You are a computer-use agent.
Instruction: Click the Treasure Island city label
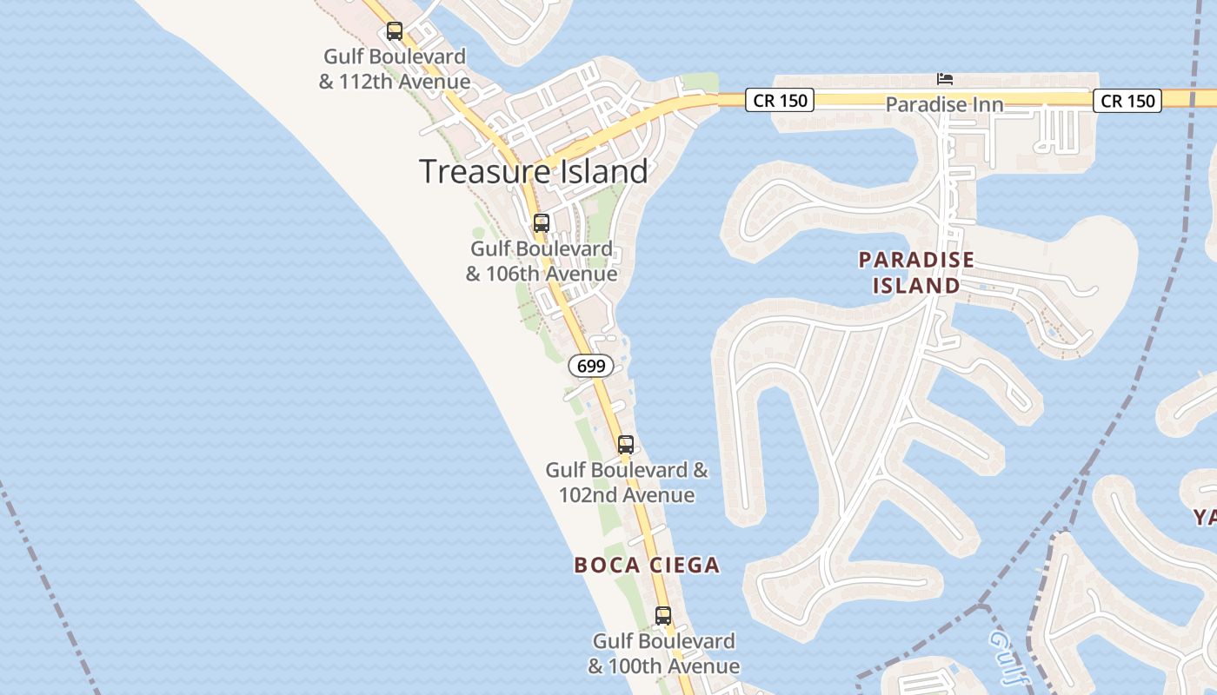pos(534,171)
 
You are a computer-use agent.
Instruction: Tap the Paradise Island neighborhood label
pos(916,273)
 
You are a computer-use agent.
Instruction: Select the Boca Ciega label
pos(647,566)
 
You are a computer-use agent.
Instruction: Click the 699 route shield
pos(591,366)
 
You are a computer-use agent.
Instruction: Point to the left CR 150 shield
pos(780,101)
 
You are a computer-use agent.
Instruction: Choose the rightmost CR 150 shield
pos(1127,101)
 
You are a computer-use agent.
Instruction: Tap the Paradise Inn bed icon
pos(945,79)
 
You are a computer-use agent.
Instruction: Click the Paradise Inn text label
pos(944,104)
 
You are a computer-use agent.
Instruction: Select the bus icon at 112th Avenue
pos(395,31)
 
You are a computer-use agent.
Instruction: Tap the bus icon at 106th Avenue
pos(542,223)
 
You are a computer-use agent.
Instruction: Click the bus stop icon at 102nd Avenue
pos(626,445)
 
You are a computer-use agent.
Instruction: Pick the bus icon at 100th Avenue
pos(663,616)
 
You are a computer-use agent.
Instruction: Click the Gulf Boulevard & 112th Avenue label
pos(395,69)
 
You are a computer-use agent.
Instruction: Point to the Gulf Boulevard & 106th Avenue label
pos(542,261)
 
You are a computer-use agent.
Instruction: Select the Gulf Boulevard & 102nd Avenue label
pos(627,483)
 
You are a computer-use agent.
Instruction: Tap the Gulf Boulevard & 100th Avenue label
pos(664,654)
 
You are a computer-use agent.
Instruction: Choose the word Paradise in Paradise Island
pos(916,260)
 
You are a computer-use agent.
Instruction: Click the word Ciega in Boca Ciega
pos(685,566)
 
